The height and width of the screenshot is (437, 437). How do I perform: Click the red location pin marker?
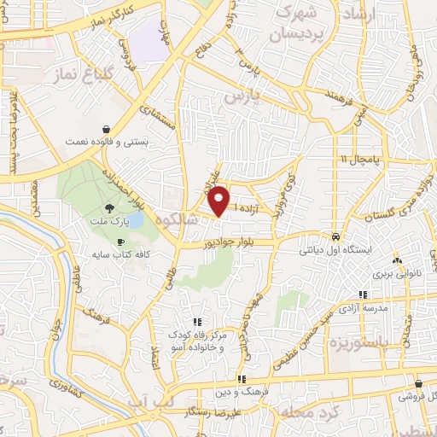[x=219, y=201]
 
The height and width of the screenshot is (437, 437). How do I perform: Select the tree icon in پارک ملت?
[x=108, y=207]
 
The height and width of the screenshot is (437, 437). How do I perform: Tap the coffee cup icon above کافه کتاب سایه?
[x=120, y=242]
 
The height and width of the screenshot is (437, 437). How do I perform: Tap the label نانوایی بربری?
[x=396, y=275]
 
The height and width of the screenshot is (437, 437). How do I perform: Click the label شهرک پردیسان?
[x=297, y=27]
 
